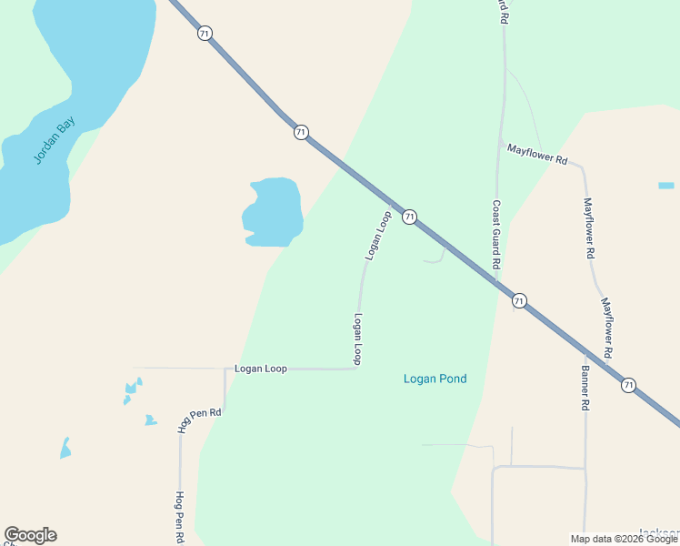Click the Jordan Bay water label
[x=55, y=141]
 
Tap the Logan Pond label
[x=435, y=379]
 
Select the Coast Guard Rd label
[x=496, y=234]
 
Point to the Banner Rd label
[x=585, y=389]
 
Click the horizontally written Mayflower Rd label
[x=536, y=154]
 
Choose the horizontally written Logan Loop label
[x=260, y=369]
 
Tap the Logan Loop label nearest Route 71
[x=378, y=236]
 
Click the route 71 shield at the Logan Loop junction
[x=410, y=217]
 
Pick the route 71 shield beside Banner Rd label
[x=629, y=385]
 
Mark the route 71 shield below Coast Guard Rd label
[x=519, y=300]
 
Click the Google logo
[x=30, y=535]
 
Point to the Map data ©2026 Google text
[x=624, y=539]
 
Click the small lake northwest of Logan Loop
[x=273, y=212]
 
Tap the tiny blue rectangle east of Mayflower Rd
[x=666, y=186]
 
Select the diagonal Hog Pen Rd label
[x=200, y=419]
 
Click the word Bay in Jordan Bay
[x=66, y=126]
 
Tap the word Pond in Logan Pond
[x=450, y=379]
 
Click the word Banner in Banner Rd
[x=585, y=382]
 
